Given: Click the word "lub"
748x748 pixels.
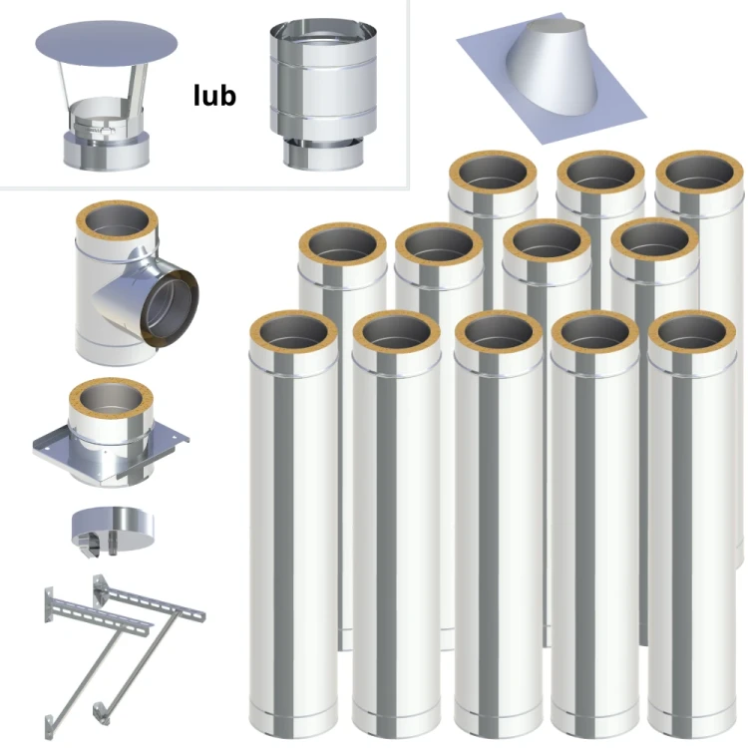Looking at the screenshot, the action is coord(214,95).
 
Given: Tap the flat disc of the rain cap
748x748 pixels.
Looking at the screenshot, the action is coord(107,44).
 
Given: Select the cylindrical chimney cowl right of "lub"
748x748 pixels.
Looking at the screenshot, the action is coord(323,95).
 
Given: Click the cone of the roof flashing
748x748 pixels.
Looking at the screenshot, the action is coord(554,68).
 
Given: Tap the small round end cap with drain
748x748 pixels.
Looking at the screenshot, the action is coord(113,531).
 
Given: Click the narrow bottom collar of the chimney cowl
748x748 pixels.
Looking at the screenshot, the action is coord(323,155).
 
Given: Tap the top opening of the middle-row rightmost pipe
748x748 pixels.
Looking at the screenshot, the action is coord(654,243).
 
